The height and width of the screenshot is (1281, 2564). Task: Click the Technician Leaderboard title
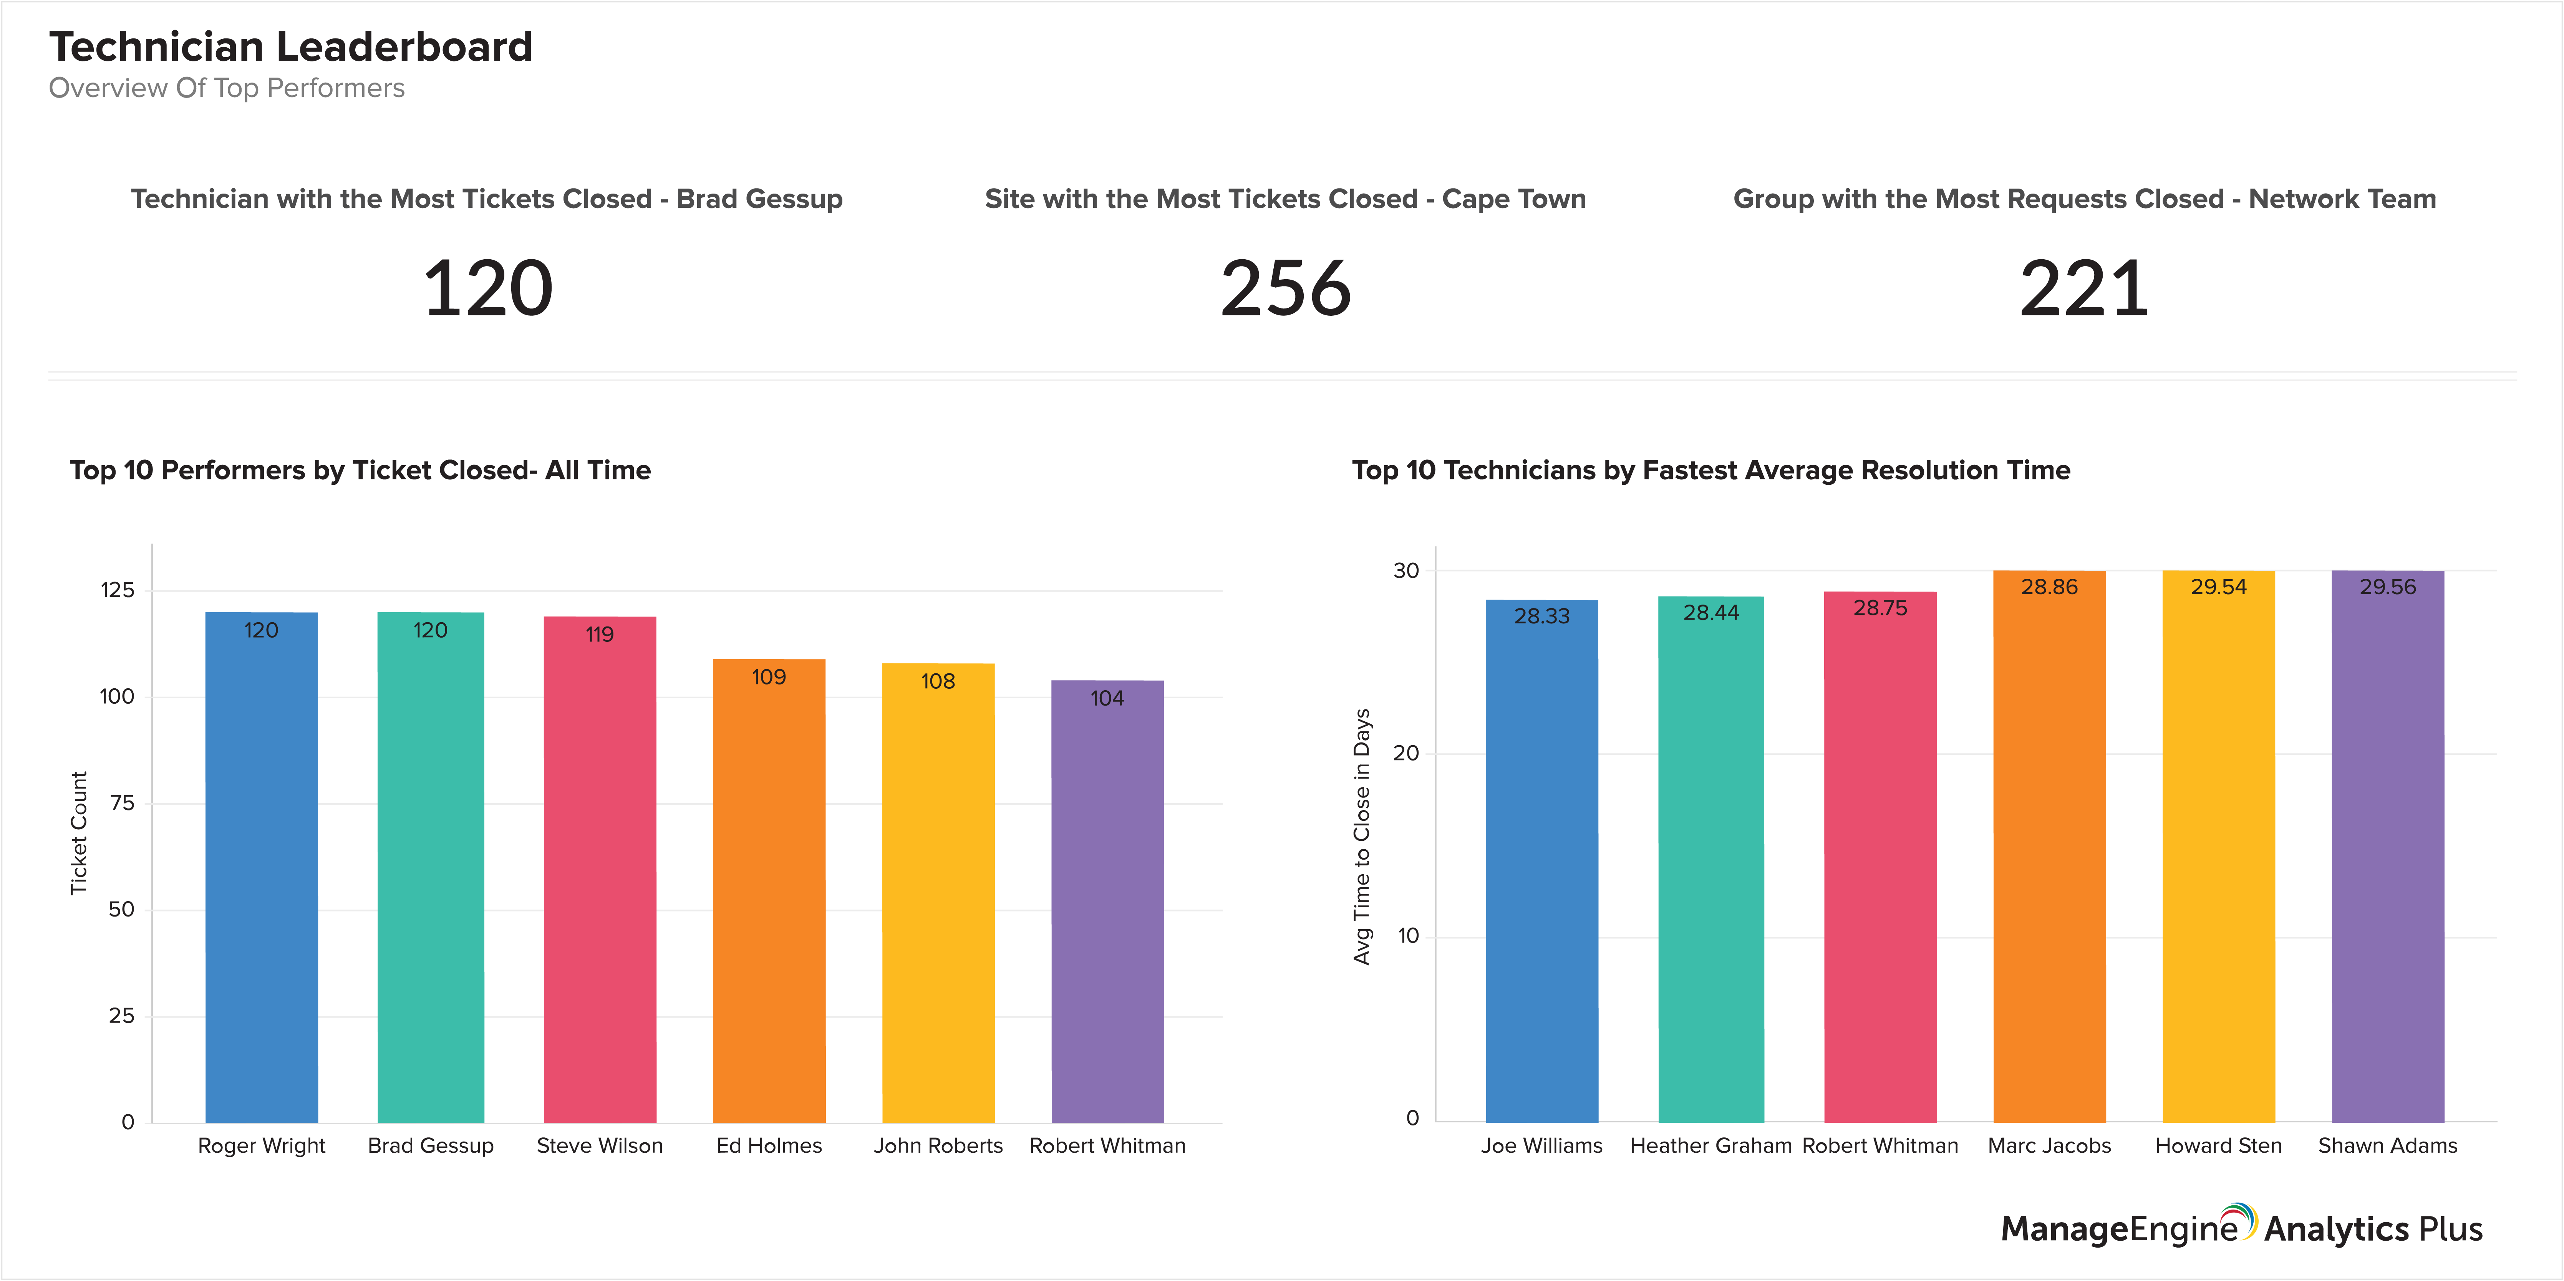tap(291, 47)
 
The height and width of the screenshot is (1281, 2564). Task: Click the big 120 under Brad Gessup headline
tap(488, 288)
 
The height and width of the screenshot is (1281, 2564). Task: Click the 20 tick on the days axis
tap(1405, 754)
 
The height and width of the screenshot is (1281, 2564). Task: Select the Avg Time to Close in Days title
tap(1362, 836)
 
